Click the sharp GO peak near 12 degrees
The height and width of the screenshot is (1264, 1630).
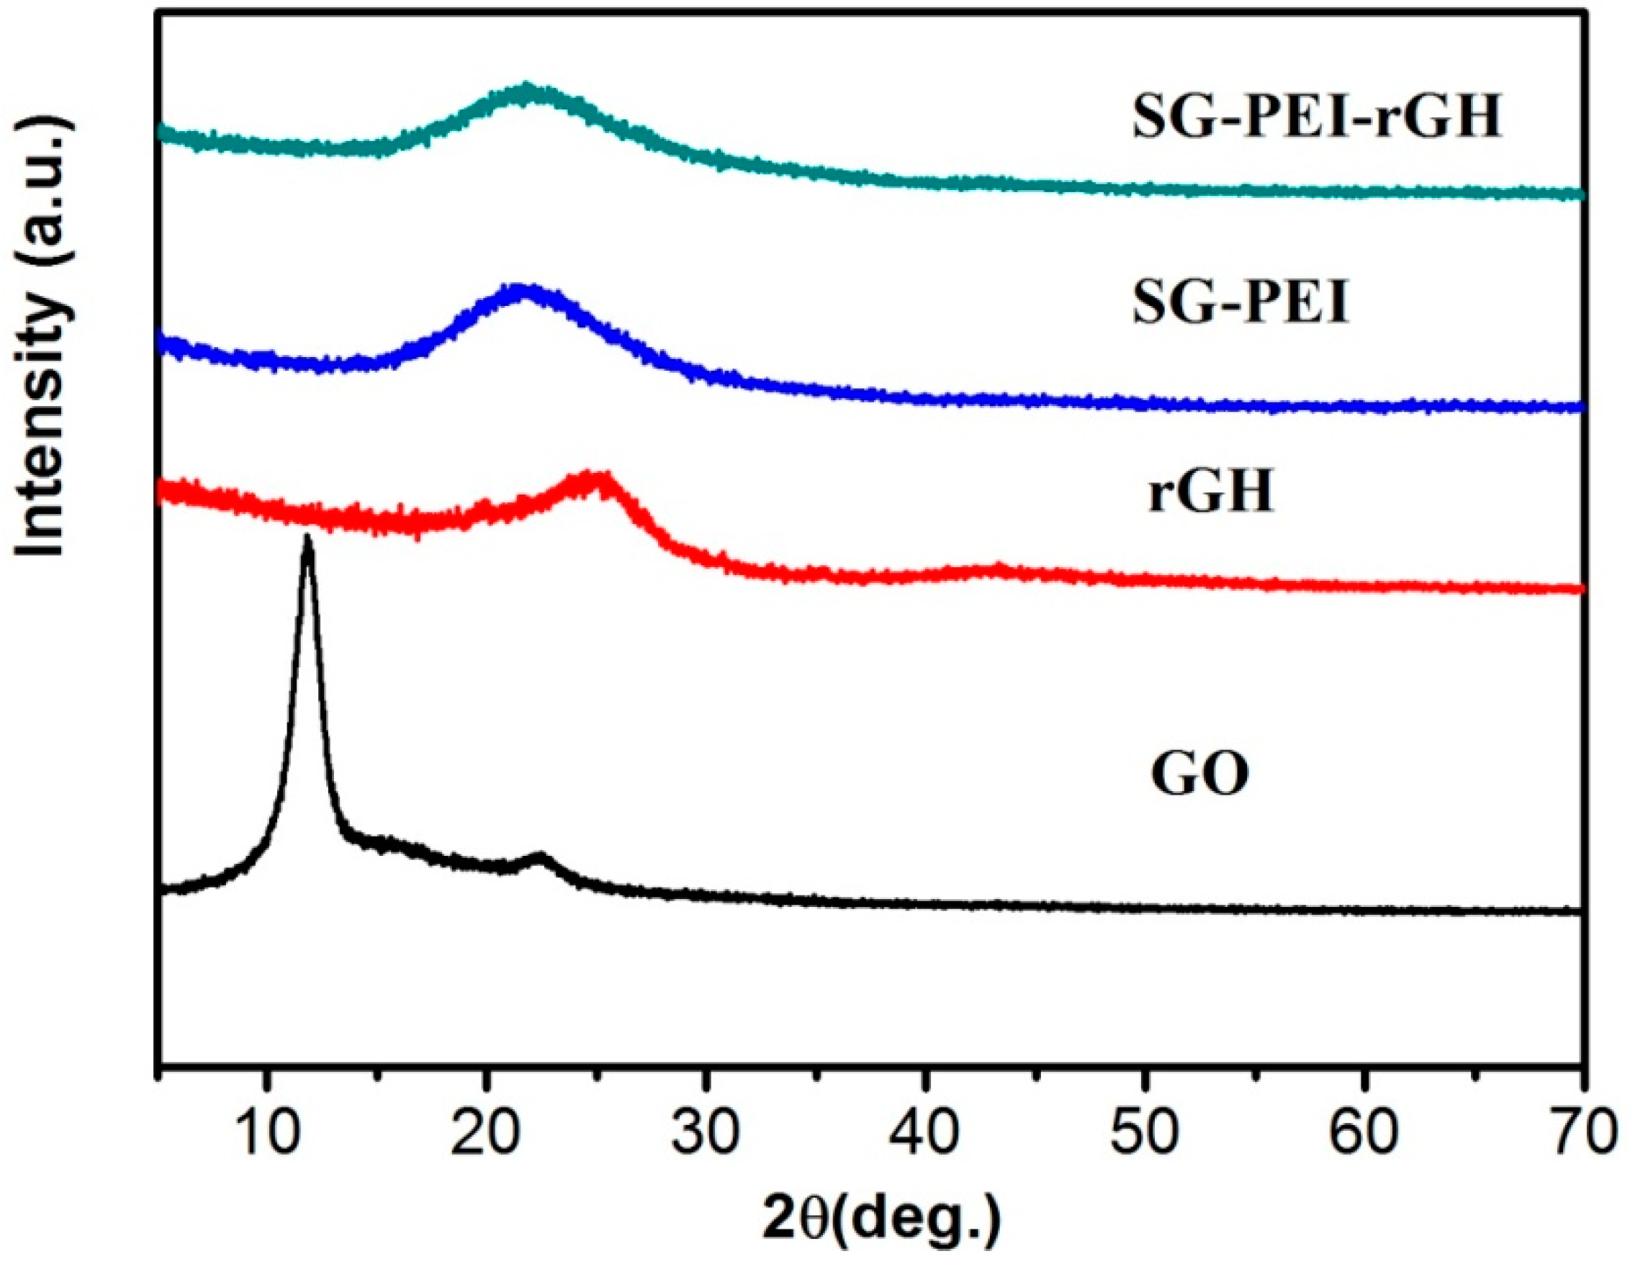click(x=307, y=538)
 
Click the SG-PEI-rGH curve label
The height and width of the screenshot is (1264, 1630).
click(x=1316, y=119)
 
